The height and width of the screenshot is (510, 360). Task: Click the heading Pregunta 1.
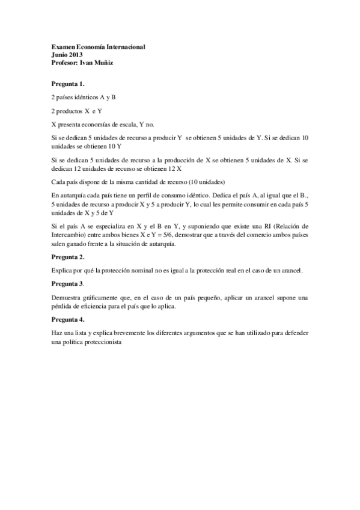point(68,84)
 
